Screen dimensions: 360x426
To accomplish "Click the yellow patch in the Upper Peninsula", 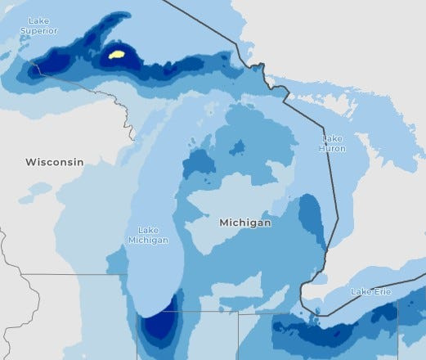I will point(117,55).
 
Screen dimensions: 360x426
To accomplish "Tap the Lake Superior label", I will point(38,25).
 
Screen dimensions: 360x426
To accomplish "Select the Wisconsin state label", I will point(54,162).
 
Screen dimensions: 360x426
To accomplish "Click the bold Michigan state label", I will point(244,222).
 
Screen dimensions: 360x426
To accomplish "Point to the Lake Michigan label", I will point(148,235).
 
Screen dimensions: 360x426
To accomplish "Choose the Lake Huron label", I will point(332,144).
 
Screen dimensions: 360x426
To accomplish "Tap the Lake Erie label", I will point(371,292).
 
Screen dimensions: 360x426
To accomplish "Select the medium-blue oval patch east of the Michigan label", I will point(311,217).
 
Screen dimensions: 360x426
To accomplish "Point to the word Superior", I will point(38,30).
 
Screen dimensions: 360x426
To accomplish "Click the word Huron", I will point(332,149).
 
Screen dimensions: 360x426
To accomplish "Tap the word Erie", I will point(383,292).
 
